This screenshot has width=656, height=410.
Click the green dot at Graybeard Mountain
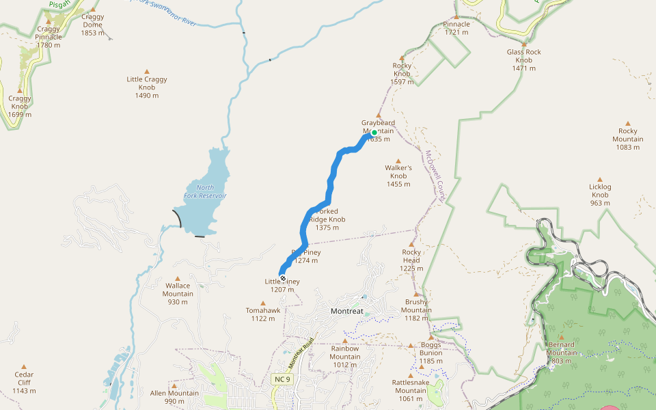[374, 133]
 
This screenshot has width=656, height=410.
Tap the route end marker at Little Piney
[282, 278]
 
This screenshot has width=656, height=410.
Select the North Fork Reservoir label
[205, 192]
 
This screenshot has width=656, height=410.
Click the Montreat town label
[346, 311]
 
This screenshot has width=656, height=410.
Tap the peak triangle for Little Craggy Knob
[146, 71]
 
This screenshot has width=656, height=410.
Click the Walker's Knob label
[398, 172]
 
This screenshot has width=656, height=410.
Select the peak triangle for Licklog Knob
[600, 179]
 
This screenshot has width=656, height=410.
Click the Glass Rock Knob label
[524, 56]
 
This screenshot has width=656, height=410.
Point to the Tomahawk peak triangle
[262, 303]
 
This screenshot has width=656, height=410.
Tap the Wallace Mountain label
[178, 290]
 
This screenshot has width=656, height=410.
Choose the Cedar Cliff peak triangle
[24, 367]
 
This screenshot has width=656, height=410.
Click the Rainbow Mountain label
[344, 353]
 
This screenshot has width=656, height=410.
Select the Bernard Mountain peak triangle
[561, 338]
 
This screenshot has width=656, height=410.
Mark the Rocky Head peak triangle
[411, 244]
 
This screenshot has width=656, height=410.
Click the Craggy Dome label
[92, 20]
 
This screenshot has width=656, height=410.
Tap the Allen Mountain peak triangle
[174, 385]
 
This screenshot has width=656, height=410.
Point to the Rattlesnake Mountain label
[411, 387]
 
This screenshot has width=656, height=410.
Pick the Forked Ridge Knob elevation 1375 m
[327, 228]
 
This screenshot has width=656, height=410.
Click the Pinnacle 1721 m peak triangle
[456, 16]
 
